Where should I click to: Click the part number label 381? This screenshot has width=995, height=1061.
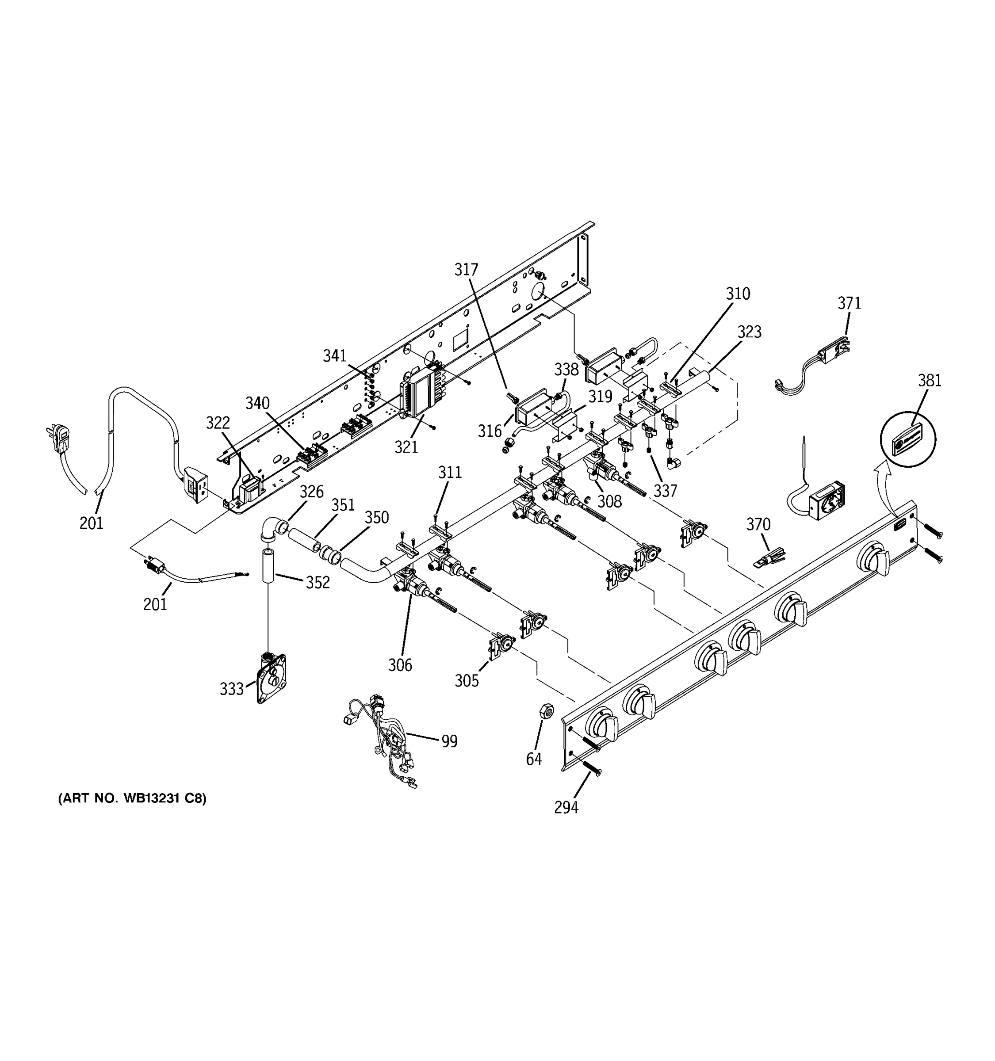click(x=930, y=381)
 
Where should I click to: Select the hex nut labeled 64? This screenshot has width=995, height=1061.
click(x=547, y=710)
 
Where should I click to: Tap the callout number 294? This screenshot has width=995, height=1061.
click(x=566, y=808)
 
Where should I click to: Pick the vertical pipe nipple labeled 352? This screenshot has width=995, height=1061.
click(x=268, y=565)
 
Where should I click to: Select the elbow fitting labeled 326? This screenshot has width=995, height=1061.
click(x=273, y=530)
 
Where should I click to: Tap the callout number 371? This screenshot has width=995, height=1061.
click(x=849, y=303)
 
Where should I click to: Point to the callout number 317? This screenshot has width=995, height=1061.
click(x=466, y=270)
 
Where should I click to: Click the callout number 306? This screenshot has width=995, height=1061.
click(x=400, y=665)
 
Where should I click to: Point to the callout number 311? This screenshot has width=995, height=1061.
click(x=449, y=472)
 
